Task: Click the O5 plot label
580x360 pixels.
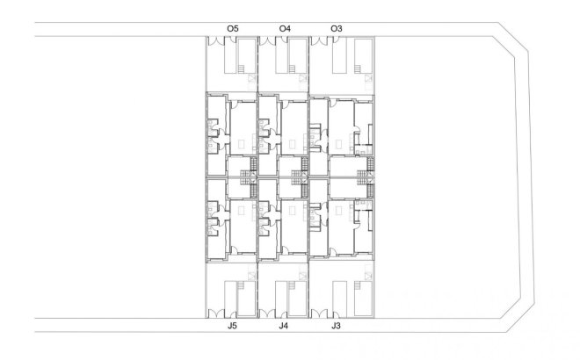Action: [x=232, y=29]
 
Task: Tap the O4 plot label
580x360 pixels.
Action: [x=285, y=29]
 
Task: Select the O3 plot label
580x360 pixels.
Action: [x=337, y=29]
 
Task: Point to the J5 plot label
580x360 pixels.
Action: [x=232, y=327]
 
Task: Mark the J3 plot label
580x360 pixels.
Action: [x=336, y=327]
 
